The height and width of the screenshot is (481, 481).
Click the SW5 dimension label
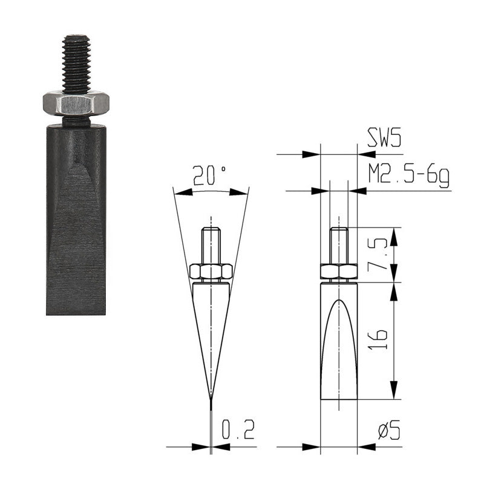(x=384, y=138)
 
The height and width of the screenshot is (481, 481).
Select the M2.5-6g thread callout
(x=408, y=176)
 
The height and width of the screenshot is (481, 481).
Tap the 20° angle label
(x=209, y=175)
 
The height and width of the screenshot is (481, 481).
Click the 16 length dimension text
(x=378, y=340)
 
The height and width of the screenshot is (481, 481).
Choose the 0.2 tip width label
(x=238, y=430)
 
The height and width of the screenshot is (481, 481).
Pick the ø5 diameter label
(x=389, y=430)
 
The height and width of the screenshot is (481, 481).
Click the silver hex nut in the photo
(x=76, y=103)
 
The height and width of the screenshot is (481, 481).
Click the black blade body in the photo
(x=76, y=219)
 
